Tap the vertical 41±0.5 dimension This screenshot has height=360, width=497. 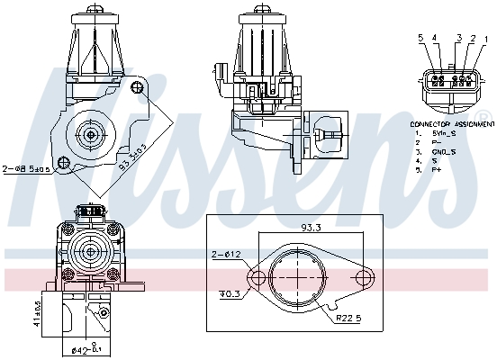pos(12,315)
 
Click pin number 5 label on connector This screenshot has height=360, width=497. pos(419,39)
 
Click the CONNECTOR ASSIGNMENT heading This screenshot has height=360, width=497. pos(451,121)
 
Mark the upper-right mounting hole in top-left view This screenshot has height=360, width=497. pos(136,87)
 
